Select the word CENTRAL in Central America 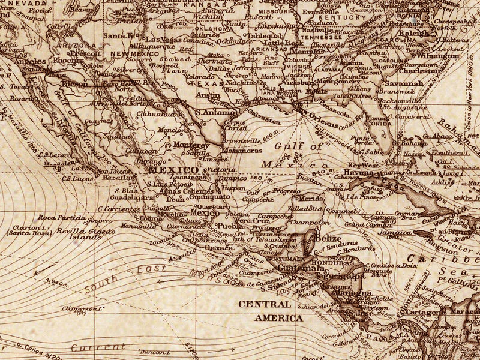(265, 305)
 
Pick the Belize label (328, 238)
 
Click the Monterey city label (190, 145)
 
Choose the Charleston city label (419, 70)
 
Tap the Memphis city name (311, 52)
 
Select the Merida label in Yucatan (311, 198)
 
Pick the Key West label (359, 164)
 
